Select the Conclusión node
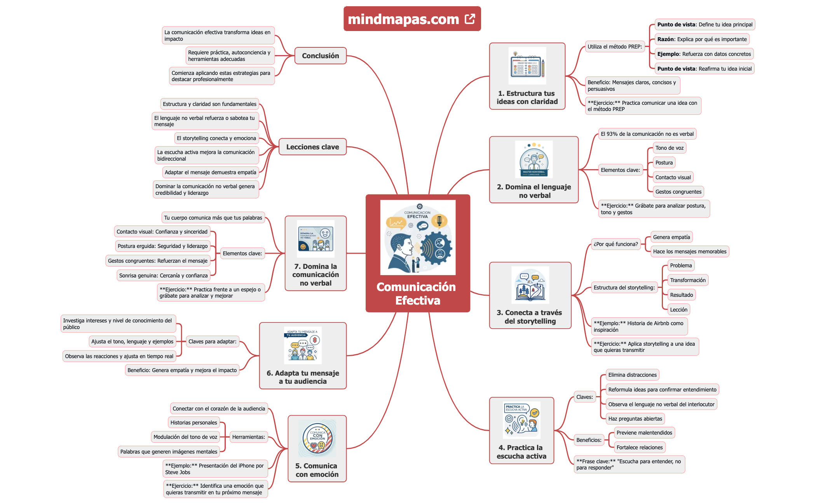[x=320, y=56]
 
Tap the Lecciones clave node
[x=312, y=147]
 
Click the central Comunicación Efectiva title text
[x=417, y=294]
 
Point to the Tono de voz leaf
[x=669, y=148]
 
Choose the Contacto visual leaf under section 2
[x=673, y=177]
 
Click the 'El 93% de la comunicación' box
[x=647, y=134]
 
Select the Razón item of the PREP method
[x=702, y=39]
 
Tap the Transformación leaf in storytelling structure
[x=687, y=280]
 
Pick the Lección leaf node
[x=678, y=310]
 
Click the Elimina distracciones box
[x=632, y=375]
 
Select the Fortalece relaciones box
[x=639, y=447]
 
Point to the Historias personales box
[x=194, y=423]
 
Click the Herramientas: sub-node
[x=248, y=437]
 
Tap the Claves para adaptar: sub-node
[x=212, y=341]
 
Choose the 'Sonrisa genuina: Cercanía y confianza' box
[x=163, y=275]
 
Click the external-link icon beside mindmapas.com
[x=470, y=19]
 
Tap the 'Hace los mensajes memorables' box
[x=689, y=251]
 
